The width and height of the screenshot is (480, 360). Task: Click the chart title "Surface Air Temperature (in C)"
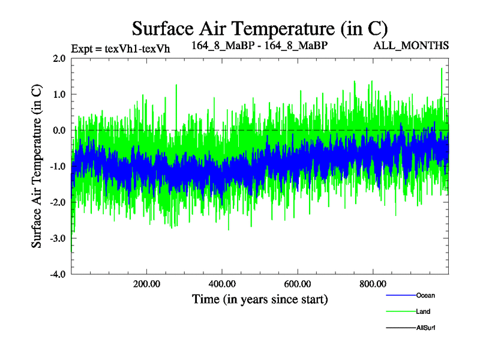pos(260,28)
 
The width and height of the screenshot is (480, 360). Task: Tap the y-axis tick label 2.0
pos(59,58)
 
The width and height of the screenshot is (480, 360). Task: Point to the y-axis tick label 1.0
pos(59,94)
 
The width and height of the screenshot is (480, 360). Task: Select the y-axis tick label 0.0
pos(59,130)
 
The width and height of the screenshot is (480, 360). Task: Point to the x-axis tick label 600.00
pos(298,284)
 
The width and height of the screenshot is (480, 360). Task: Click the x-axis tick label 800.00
pos(373,284)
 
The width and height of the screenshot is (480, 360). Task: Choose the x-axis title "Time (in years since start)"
pos(260,299)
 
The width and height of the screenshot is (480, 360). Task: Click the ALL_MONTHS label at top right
pos(411,46)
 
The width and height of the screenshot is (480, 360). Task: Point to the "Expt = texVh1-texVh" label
pos(121,49)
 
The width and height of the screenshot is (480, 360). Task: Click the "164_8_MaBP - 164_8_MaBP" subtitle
pos(260,46)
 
